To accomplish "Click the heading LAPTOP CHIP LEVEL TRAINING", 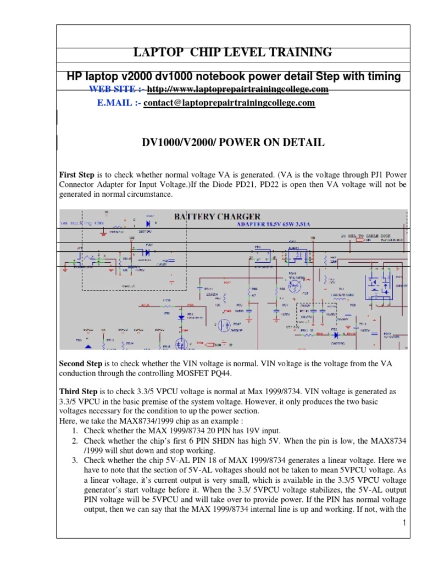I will [233, 53].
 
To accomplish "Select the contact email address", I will [229, 103].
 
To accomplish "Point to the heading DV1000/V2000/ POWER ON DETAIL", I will [234, 143].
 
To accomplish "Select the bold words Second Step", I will [81, 363].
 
